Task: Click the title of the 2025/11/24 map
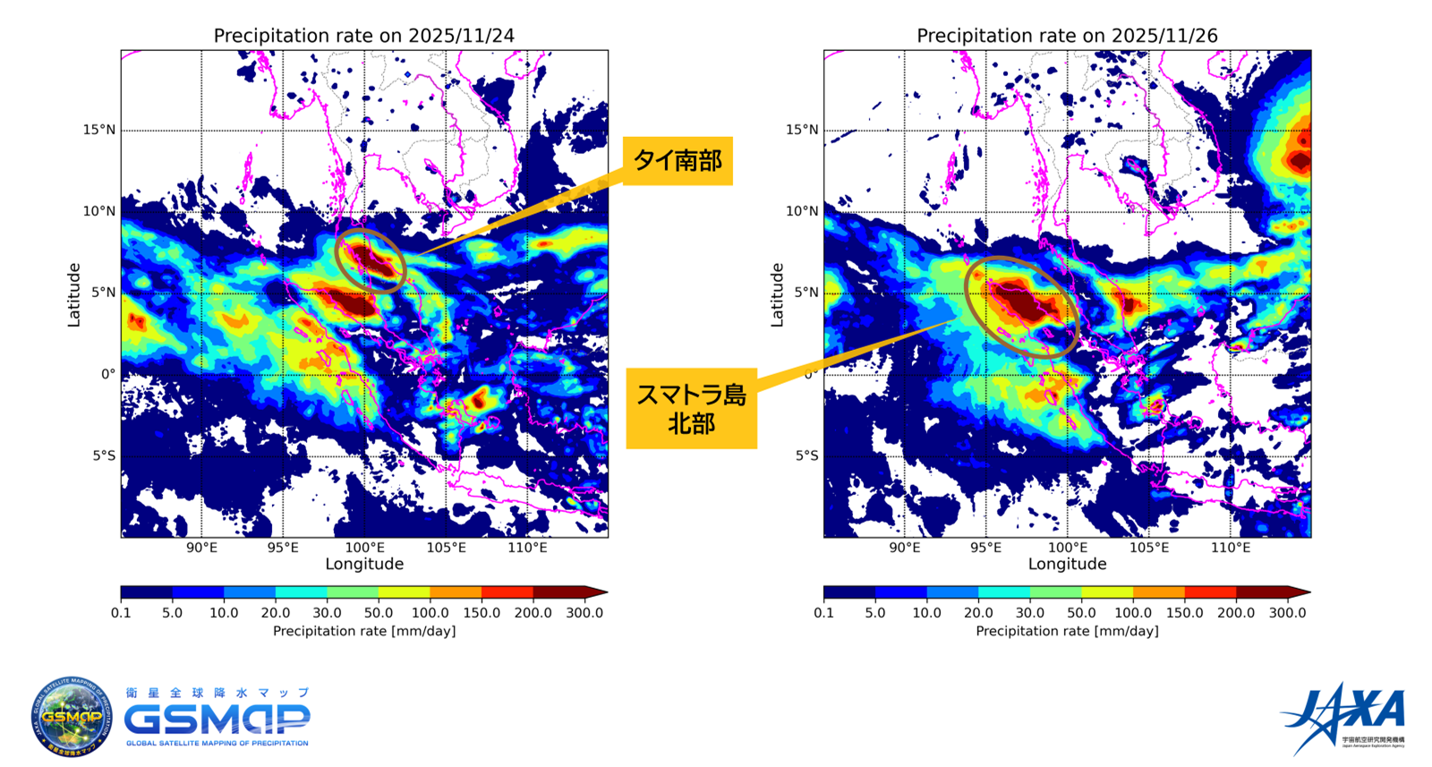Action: (363, 36)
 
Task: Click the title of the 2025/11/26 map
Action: (1067, 36)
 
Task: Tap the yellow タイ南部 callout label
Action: (678, 161)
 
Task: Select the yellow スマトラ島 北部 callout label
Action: (691, 409)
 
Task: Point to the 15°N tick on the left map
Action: (99, 130)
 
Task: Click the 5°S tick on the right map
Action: (806, 456)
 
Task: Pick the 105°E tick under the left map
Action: (446, 548)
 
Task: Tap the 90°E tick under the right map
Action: (904, 548)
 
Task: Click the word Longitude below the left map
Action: (364, 564)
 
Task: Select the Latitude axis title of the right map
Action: (777, 294)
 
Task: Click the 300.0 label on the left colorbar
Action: (585, 613)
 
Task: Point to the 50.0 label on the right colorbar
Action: (1081, 613)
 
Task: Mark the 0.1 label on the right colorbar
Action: (823, 613)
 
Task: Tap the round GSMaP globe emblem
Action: (72, 717)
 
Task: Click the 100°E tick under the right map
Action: (1067, 548)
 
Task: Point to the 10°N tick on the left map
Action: (99, 211)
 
